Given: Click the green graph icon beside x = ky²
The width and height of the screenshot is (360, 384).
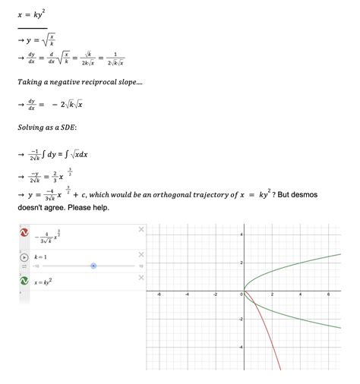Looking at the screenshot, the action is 24,282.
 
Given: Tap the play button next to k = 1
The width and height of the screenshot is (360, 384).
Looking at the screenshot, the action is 24,257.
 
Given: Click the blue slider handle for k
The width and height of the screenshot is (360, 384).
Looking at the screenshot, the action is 93,266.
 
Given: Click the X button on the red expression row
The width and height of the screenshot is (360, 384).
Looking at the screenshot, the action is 141,229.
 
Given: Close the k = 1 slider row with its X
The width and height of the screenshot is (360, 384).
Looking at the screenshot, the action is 141,254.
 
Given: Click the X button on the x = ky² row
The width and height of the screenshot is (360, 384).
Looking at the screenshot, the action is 141,279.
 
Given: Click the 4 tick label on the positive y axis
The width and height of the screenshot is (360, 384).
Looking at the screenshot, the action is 241,234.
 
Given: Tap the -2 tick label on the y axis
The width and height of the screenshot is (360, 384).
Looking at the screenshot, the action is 239,319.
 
